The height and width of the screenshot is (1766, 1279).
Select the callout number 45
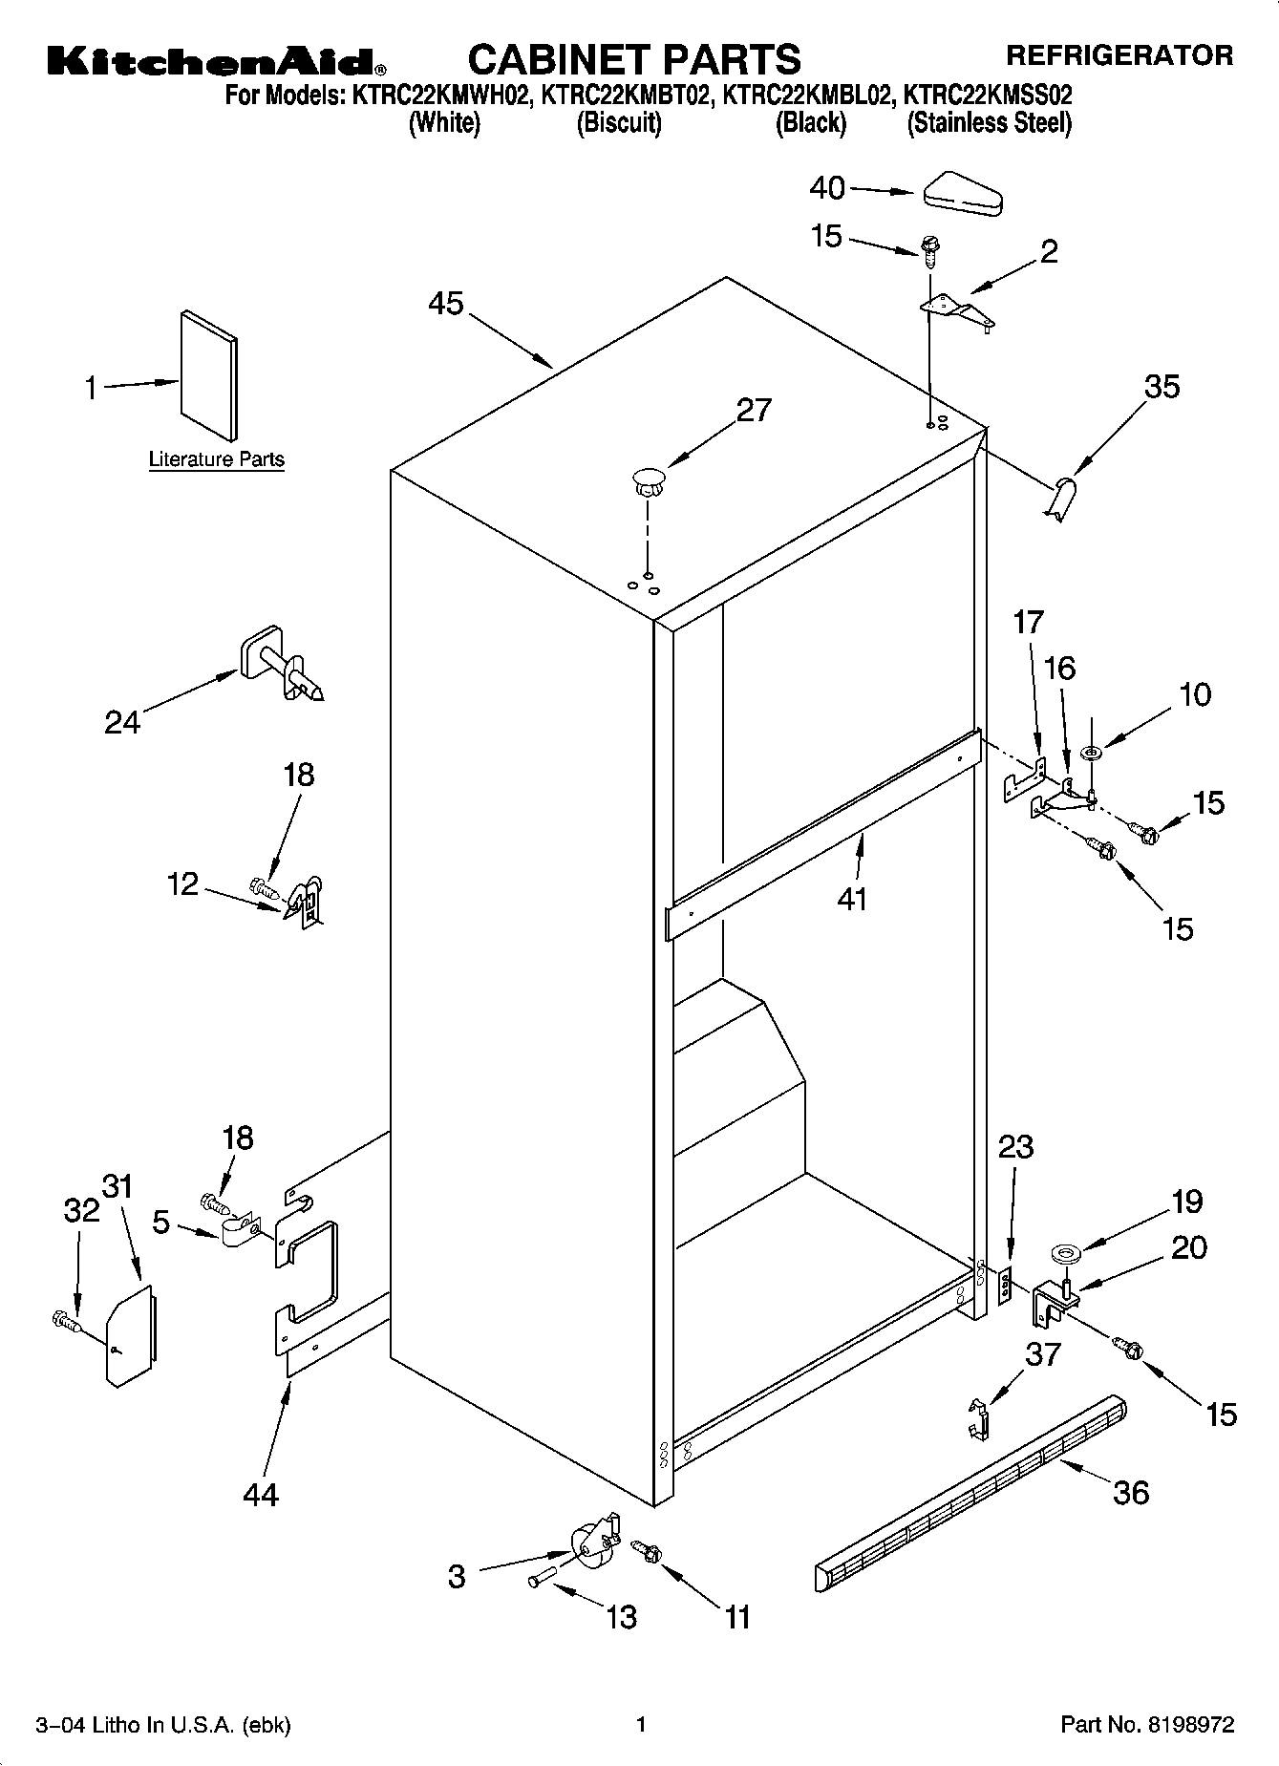pyautogui.click(x=445, y=304)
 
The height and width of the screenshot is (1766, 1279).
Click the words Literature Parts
pyautogui.click(x=217, y=459)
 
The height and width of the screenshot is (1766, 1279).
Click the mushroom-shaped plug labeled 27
pyautogui.click(x=648, y=479)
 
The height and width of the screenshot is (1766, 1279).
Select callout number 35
pyautogui.click(x=1162, y=387)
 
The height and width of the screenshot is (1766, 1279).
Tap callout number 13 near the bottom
pyautogui.click(x=621, y=1616)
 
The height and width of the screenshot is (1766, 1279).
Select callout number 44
pyautogui.click(x=260, y=1494)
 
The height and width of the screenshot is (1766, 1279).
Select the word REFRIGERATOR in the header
pyautogui.click(x=1119, y=55)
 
